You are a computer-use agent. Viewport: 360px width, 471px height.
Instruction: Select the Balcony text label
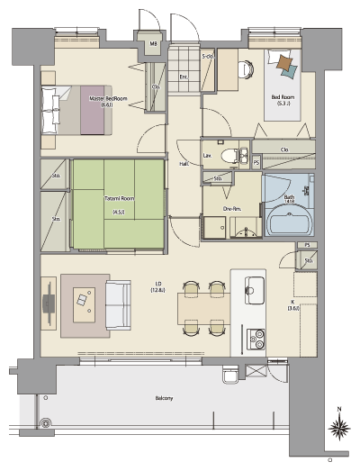click(x=162, y=397)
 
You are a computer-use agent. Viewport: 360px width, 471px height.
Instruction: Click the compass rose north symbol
click(x=339, y=427)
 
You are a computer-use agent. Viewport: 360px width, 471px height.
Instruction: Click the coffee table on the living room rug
click(x=85, y=299)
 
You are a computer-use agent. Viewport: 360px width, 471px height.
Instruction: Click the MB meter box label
click(x=154, y=43)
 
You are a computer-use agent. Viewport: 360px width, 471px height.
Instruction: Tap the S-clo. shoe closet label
click(x=206, y=57)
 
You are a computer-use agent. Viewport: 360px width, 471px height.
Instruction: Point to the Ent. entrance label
click(x=183, y=77)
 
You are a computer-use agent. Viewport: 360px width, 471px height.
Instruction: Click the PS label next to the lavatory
click(x=256, y=162)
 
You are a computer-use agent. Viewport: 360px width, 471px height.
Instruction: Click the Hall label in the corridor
click(x=183, y=164)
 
